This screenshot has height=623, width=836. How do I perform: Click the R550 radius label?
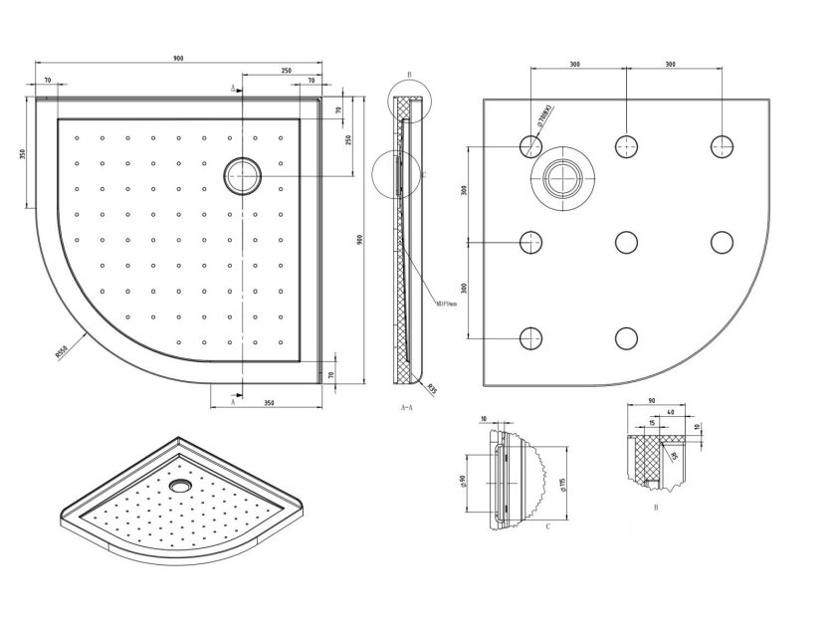click(x=62, y=349)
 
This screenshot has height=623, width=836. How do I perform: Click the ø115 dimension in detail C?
click(x=562, y=485)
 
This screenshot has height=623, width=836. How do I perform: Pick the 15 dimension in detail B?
click(x=651, y=422)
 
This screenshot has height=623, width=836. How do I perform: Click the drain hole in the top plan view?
click(x=242, y=175)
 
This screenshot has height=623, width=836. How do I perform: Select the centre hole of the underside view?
click(x=626, y=242)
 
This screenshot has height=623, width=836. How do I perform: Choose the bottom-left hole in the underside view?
click(x=530, y=338)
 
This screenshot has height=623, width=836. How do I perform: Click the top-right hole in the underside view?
click(x=722, y=147)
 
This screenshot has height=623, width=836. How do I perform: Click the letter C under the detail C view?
click(x=549, y=526)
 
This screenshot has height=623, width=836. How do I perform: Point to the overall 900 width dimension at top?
click(x=178, y=59)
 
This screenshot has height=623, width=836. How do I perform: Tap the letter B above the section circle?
click(x=409, y=76)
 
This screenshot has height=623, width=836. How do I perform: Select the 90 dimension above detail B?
click(x=651, y=401)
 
